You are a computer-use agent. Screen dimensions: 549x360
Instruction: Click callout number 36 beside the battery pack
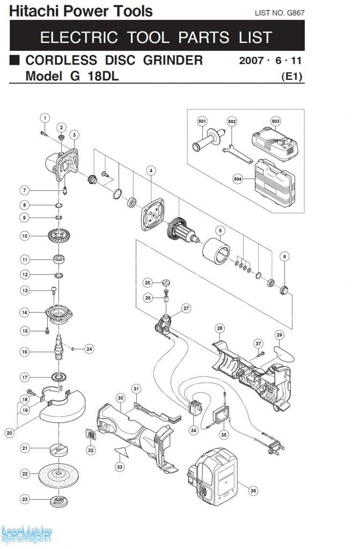[253, 489]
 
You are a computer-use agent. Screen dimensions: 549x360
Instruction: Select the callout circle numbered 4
[151, 170]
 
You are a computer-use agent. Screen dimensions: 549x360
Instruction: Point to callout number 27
[186, 308]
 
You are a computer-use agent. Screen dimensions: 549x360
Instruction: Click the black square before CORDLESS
[15, 60]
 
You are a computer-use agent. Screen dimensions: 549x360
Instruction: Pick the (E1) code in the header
[292, 77]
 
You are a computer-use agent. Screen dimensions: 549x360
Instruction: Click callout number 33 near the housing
[120, 467]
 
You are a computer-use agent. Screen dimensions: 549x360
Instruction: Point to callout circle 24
[89, 348]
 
